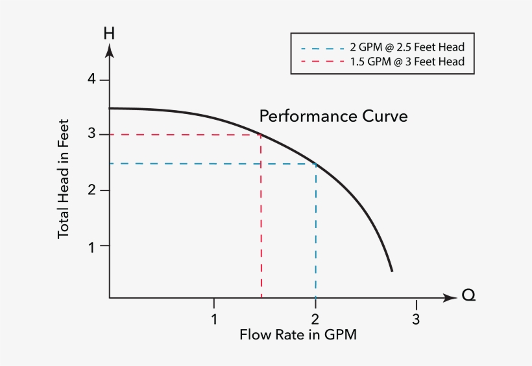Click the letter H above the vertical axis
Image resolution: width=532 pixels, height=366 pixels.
coord(109,32)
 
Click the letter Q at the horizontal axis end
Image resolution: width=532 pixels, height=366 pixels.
coord(468,296)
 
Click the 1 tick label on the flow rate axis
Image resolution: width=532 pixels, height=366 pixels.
coord(213,319)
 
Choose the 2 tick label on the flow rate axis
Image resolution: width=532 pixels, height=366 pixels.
coord(315,319)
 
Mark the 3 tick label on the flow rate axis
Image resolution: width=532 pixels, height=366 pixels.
coord(416,319)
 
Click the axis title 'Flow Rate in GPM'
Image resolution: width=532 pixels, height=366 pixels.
coord(298,335)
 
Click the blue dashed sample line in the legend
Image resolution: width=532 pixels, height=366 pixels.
coord(322,48)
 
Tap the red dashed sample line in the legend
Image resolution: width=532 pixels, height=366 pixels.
coord(322,62)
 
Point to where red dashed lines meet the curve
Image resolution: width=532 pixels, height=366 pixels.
coord(261,135)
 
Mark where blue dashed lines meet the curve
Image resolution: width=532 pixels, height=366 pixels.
coord(316,164)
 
